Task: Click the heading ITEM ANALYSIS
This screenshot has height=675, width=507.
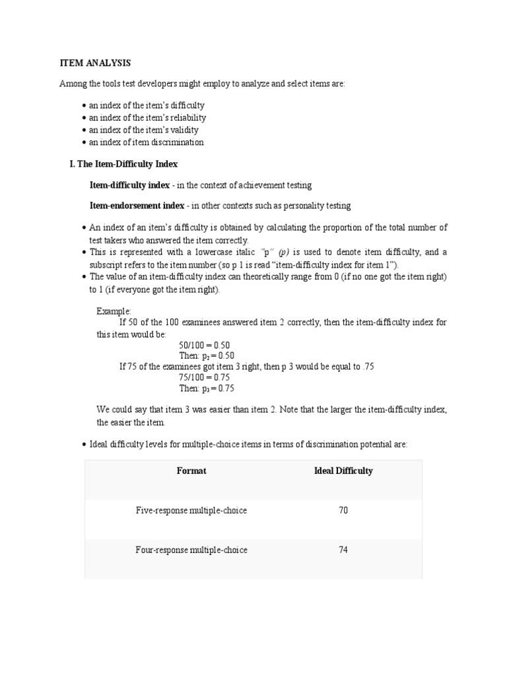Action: tap(95, 63)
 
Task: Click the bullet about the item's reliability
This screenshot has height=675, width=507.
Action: tap(147, 117)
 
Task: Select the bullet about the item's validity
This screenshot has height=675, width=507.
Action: tap(143, 130)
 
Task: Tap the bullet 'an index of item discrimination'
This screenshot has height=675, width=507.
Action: tap(146, 142)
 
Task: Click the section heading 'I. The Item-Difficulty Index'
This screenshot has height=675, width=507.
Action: tap(123, 163)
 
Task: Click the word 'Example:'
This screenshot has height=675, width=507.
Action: tap(114, 311)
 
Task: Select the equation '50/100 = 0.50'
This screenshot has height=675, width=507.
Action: tap(204, 345)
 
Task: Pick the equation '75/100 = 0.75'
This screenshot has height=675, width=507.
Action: tap(204, 377)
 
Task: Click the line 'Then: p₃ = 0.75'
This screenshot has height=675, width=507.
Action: tap(207, 388)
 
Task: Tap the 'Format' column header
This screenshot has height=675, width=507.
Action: tap(191, 471)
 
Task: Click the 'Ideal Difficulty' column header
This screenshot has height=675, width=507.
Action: tap(343, 471)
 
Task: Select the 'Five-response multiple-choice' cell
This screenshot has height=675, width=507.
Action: tap(191, 510)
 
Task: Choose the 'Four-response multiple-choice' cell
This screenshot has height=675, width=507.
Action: tap(191, 550)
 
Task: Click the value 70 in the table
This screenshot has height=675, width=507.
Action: tap(343, 510)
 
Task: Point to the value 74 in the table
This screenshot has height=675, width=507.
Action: tap(343, 550)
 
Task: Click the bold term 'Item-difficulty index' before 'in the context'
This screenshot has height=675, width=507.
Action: tap(129, 185)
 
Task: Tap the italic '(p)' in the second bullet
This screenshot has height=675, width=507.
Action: tap(284, 252)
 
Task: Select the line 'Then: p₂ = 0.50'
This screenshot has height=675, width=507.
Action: tap(207, 356)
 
